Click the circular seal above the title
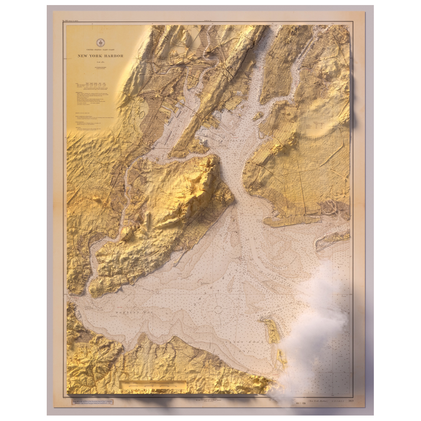point(101,43)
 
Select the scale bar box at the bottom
point(153,385)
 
